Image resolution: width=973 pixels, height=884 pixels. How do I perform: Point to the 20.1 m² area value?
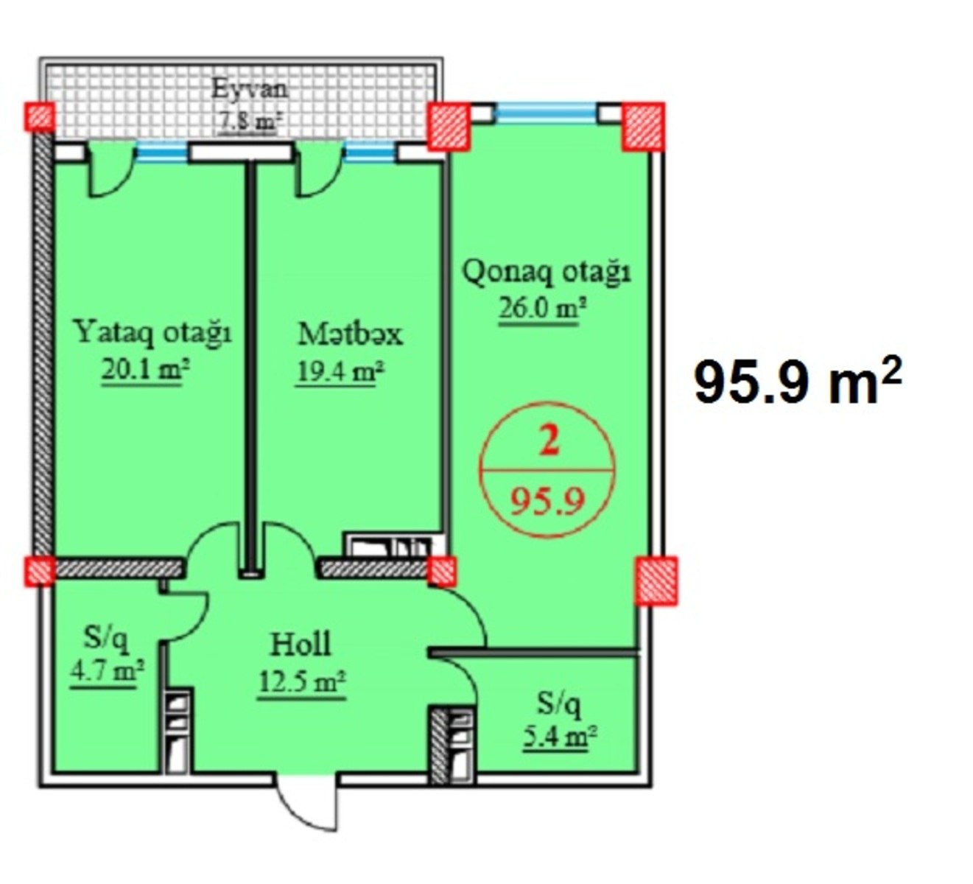tap(145, 372)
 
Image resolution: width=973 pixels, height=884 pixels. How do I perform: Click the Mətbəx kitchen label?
tap(350, 334)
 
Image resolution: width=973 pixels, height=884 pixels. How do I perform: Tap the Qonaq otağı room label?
tap(547, 273)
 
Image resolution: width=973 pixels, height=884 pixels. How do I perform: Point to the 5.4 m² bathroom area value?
tap(559, 737)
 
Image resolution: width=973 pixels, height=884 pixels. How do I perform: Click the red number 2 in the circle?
tap(549, 442)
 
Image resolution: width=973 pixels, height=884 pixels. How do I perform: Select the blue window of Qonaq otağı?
tap(546, 112)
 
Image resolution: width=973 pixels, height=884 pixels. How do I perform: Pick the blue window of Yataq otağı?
tap(161, 151)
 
